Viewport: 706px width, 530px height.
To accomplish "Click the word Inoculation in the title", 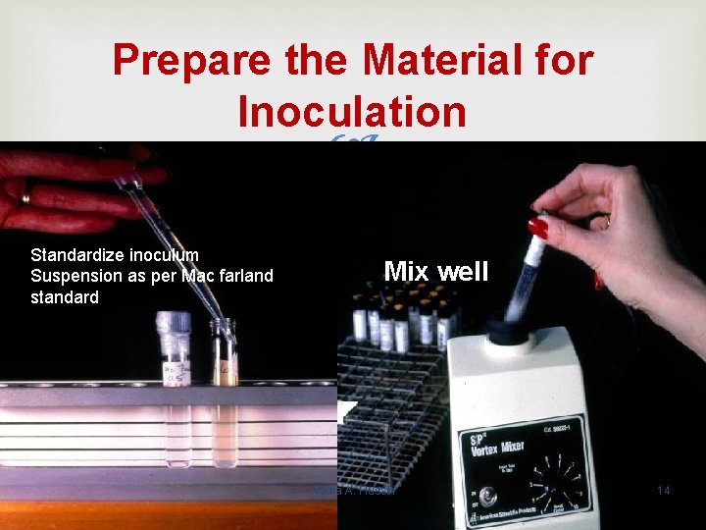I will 352,112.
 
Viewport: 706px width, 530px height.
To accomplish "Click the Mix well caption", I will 435,271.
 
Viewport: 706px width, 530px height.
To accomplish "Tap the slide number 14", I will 663,489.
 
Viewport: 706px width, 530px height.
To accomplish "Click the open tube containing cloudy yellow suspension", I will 226,393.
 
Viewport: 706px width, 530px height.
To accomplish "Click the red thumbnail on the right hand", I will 538,228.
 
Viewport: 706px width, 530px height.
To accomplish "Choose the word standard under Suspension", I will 65,296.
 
